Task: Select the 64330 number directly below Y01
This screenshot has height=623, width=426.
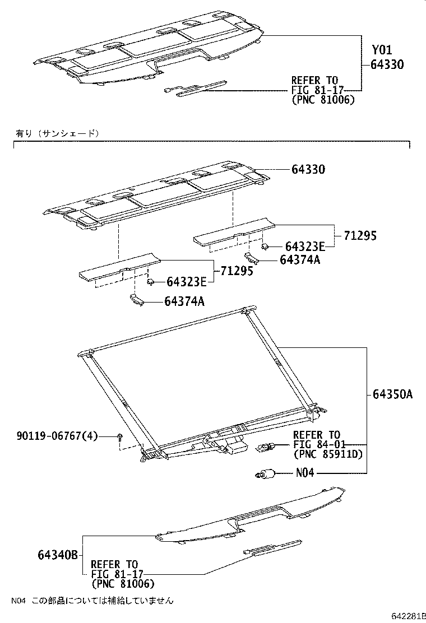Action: tap(387, 64)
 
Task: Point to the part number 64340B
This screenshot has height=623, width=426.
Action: tap(58, 555)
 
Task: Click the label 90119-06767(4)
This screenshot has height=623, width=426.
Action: tap(57, 436)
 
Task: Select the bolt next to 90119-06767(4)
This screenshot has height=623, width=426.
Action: tap(120, 437)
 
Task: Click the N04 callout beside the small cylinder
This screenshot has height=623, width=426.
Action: tap(305, 473)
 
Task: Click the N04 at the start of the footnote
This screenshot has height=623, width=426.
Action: tap(18, 601)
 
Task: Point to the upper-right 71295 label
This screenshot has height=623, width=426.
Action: tap(360, 236)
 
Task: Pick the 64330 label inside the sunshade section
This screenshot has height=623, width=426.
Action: tap(308, 169)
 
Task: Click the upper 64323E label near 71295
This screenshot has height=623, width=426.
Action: tap(304, 247)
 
